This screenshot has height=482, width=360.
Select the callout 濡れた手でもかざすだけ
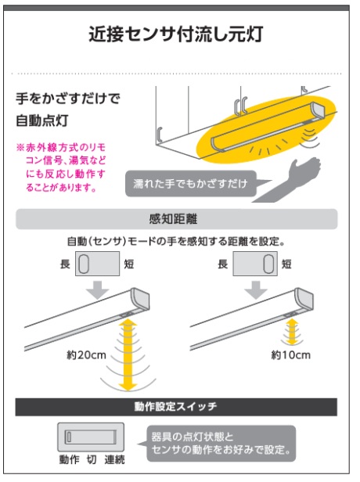click(x=193, y=185)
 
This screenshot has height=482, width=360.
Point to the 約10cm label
click(x=290, y=354)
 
